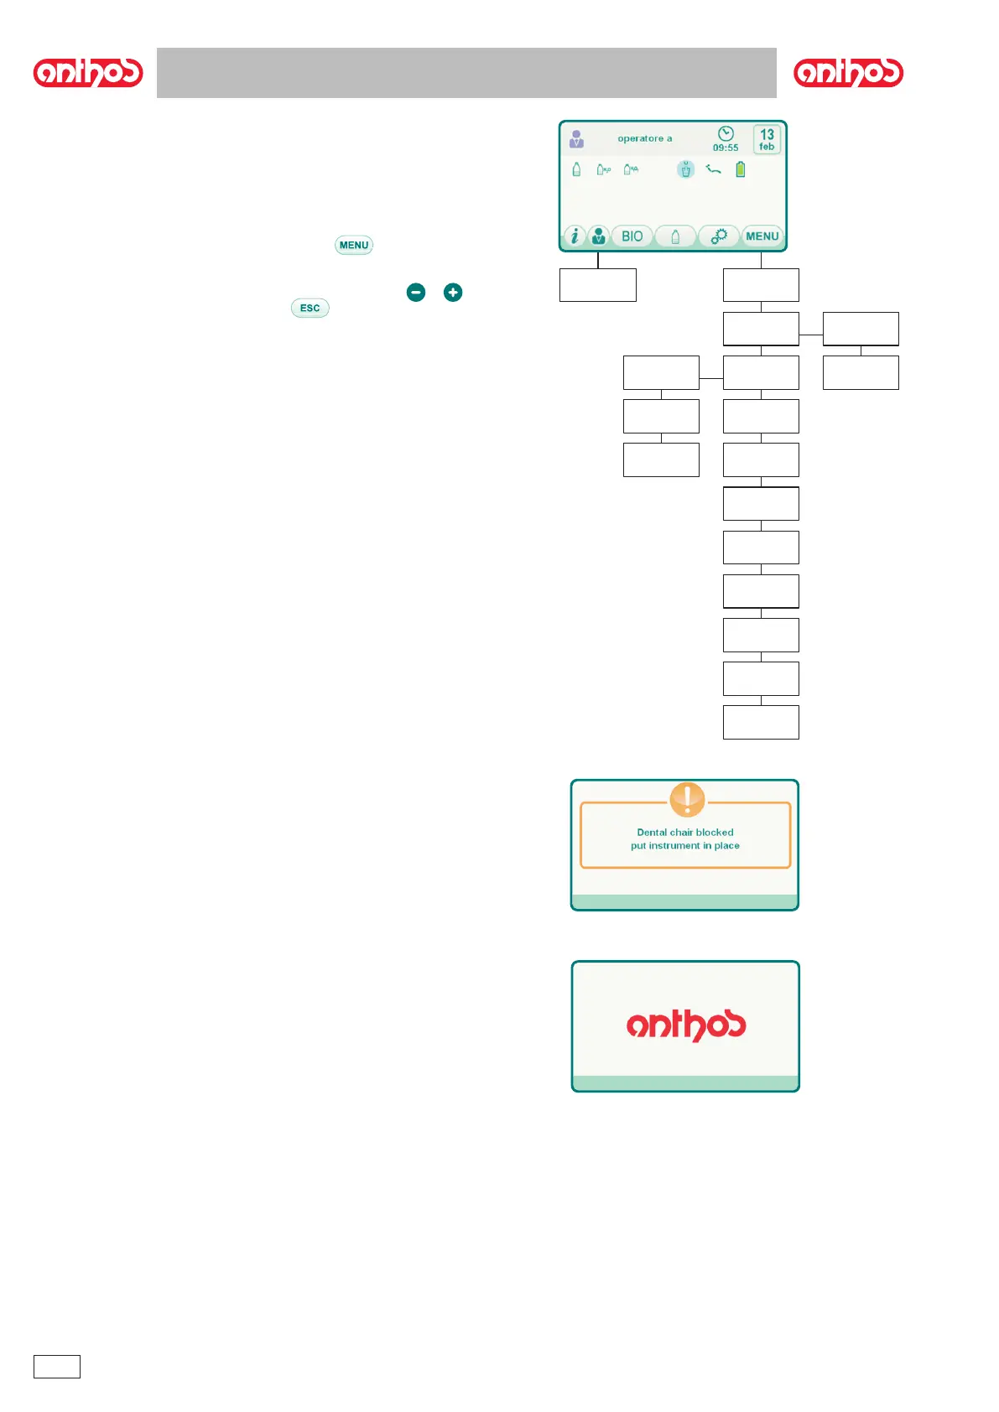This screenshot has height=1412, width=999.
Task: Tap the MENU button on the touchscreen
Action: [x=762, y=236]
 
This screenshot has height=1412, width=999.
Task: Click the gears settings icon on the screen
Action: [x=719, y=236]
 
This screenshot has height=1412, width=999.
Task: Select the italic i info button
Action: [x=574, y=236]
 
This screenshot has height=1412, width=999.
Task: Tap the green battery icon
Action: [x=741, y=169]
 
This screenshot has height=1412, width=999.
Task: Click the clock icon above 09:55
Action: [x=726, y=134]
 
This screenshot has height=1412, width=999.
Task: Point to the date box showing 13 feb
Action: [x=767, y=139]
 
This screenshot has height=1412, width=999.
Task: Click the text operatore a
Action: [x=644, y=138]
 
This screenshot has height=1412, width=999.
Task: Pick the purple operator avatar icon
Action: [x=576, y=138]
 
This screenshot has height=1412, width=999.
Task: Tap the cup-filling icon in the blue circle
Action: [x=686, y=169]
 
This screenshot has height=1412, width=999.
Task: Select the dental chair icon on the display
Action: [x=713, y=169]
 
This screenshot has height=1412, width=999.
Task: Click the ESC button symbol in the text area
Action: [x=310, y=308]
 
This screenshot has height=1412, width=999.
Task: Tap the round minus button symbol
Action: [x=416, y=292]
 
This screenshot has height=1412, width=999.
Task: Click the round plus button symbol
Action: [x=453, y=292]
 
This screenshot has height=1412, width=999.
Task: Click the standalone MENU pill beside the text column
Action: [x=354, y=245]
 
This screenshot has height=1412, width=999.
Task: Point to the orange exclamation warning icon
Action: [x=687, y=799]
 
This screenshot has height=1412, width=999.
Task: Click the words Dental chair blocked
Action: [x=684, y=833]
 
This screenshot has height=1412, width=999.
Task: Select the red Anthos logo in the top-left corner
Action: [x=88, y=73]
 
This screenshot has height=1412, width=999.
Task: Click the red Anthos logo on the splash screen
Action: [x=685, y=1025]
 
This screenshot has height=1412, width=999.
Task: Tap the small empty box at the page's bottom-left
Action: [x=57, y=1366]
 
